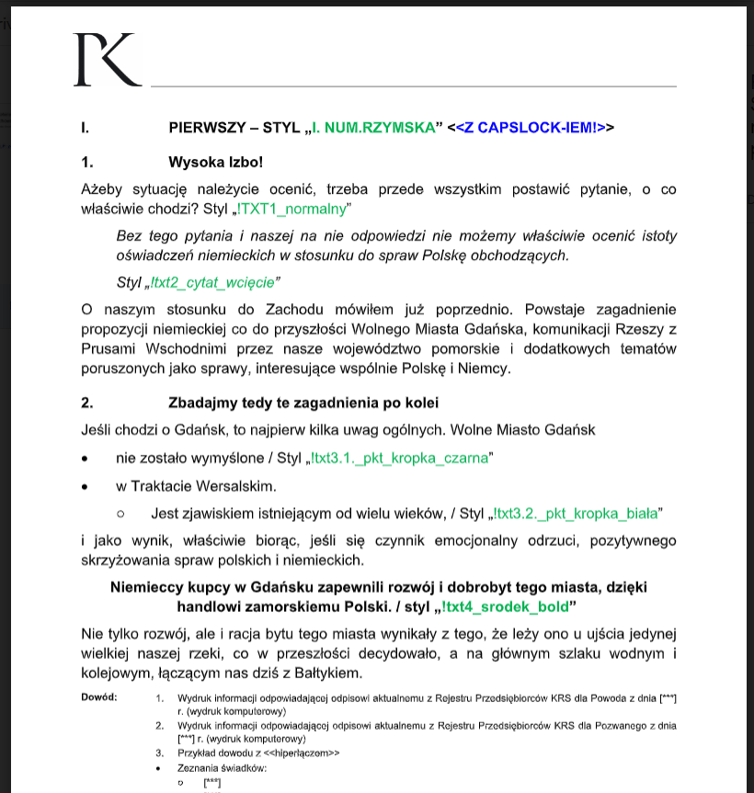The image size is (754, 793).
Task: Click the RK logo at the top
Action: [x=108, y=61]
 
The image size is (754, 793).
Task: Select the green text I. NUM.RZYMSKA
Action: [x=372, y=128]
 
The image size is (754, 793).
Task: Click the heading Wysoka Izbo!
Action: [x=215, y=163]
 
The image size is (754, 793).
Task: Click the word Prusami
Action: [x=107, y=349]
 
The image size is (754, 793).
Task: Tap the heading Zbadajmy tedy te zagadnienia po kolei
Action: [x=303, y=402]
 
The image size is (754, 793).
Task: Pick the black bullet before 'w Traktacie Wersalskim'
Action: [x=86, y=486]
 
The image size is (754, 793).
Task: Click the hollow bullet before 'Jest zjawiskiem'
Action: [x=120, y=514]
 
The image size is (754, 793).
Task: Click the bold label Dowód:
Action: [x=99, y=697]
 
